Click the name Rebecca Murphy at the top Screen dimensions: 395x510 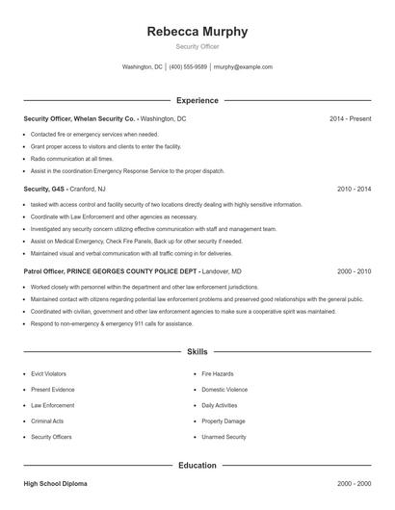pos(197,32)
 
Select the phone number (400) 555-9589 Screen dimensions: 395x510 pos(188,67)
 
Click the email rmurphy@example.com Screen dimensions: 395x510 pos(243,67)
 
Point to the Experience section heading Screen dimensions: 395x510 pos(197,100)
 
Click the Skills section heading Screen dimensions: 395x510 pos(197,352)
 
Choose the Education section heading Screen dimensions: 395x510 pos(197,466)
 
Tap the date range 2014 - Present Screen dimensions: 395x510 pos(350,118)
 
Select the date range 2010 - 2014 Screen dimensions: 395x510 pos(354,190)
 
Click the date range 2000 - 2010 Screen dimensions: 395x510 pos(354,272)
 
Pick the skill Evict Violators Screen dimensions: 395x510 pos(48,371)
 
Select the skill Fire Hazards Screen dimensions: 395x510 pos(218,371)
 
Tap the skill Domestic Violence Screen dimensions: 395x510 pos(224,389)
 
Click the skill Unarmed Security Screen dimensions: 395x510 pos(224,437)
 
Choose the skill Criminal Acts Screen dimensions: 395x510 pos(47,421)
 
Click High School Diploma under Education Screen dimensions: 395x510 pos(56,483)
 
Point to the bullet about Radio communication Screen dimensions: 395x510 pos(71,159)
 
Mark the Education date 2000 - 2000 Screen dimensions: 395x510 pos(354,483)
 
